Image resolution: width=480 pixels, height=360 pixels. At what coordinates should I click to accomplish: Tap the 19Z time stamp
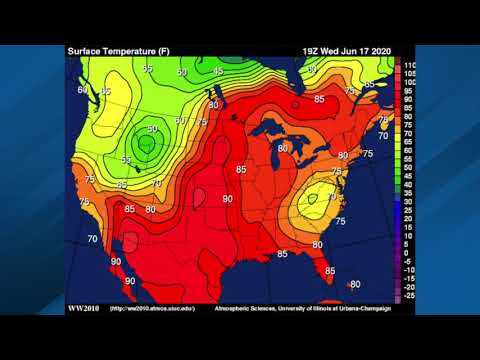coord(312,50)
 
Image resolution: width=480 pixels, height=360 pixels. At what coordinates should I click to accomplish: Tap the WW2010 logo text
coord(83,308)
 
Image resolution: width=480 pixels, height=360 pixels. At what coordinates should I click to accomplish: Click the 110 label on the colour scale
coord(408,64)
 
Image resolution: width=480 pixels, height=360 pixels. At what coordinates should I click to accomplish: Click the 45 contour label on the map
coord(218,71)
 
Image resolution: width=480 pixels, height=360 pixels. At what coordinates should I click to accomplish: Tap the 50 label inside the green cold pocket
coord(152,129)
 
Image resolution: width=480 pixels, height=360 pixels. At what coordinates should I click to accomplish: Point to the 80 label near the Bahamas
coord(355,285)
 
